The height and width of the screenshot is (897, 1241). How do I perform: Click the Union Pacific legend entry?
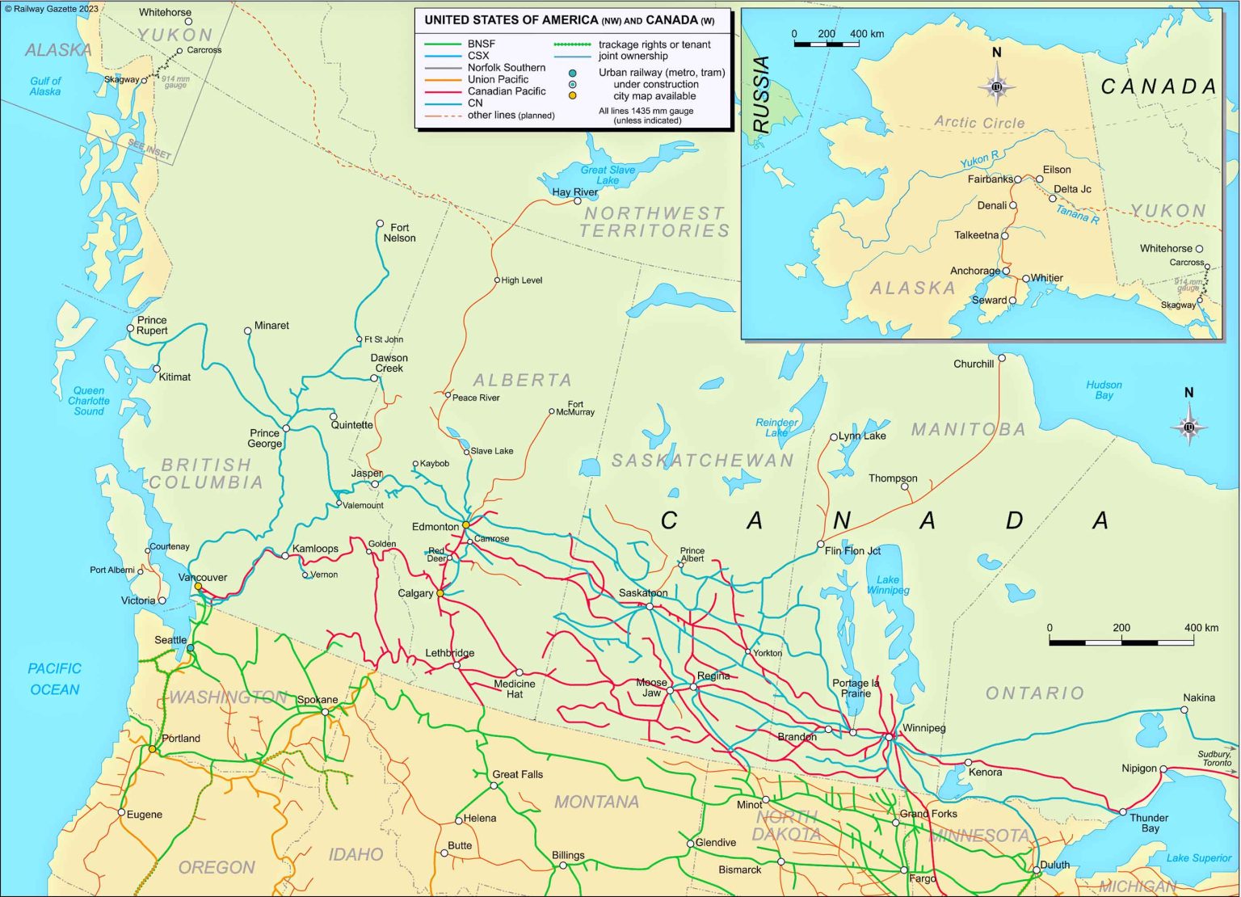pos(498,79)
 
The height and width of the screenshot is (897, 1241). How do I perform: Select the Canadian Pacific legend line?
pos(442,91)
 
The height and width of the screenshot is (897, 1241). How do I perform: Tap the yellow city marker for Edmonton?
pos(465,525)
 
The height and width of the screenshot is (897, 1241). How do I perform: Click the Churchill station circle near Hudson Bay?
pos(1002,358)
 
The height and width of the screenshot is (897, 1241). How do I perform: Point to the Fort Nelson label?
pos(399,233)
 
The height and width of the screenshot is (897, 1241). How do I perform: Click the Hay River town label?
pos(574,192)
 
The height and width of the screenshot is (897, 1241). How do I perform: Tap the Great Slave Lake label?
pos(608,175)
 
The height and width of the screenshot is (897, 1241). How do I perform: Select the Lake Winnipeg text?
pos(888,584)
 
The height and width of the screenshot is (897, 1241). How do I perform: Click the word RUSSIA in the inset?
pos(761,95)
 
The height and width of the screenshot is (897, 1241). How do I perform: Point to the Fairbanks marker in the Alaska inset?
pos(1018,179)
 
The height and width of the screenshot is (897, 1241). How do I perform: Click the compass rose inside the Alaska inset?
pos(996,86)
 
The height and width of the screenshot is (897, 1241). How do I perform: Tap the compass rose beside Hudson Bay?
pos(1188,427)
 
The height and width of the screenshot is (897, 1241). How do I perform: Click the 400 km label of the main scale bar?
pos(1201,628)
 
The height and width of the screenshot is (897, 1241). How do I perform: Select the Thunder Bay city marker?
pos(1123,811)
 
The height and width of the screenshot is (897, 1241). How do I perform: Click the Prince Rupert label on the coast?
pos(152,325)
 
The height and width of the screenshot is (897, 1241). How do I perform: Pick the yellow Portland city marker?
pos(152,749)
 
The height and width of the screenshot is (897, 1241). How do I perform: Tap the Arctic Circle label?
pos(979,123)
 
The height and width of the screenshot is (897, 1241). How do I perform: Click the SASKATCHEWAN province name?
pos(702,461)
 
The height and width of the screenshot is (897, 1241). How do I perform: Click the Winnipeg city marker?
pos(889,737)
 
